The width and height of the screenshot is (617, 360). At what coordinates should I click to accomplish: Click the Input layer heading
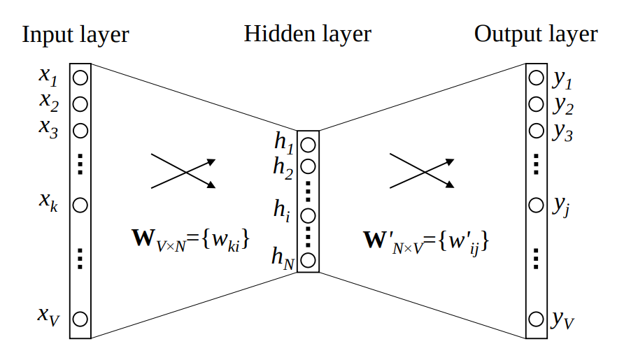point(76,35)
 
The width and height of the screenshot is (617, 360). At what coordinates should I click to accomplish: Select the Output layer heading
point(536,34)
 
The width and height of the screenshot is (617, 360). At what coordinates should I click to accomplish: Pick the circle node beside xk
point(80,205)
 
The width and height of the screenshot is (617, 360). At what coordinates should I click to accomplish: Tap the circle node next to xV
point(80,319)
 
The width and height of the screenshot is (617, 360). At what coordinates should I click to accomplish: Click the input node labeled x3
point(80,130)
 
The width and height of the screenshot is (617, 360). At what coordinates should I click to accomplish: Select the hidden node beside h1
point(308,145)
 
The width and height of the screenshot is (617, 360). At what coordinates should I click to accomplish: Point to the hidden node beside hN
point(308,261)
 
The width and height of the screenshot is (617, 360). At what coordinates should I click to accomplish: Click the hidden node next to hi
point(308,215)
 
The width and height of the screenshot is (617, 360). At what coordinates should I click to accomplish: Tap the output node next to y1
point(536,78)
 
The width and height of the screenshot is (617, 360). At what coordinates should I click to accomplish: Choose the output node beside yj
point(536,205)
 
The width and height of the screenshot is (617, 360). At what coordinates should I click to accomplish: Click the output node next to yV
point(536,319)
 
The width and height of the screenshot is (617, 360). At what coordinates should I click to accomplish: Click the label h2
point(284,168)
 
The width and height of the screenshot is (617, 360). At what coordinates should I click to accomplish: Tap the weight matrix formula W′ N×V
point(425,240)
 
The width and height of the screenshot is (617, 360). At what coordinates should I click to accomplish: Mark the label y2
point(562,106)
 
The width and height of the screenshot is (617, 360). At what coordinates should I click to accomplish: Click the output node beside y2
point(536,104)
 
